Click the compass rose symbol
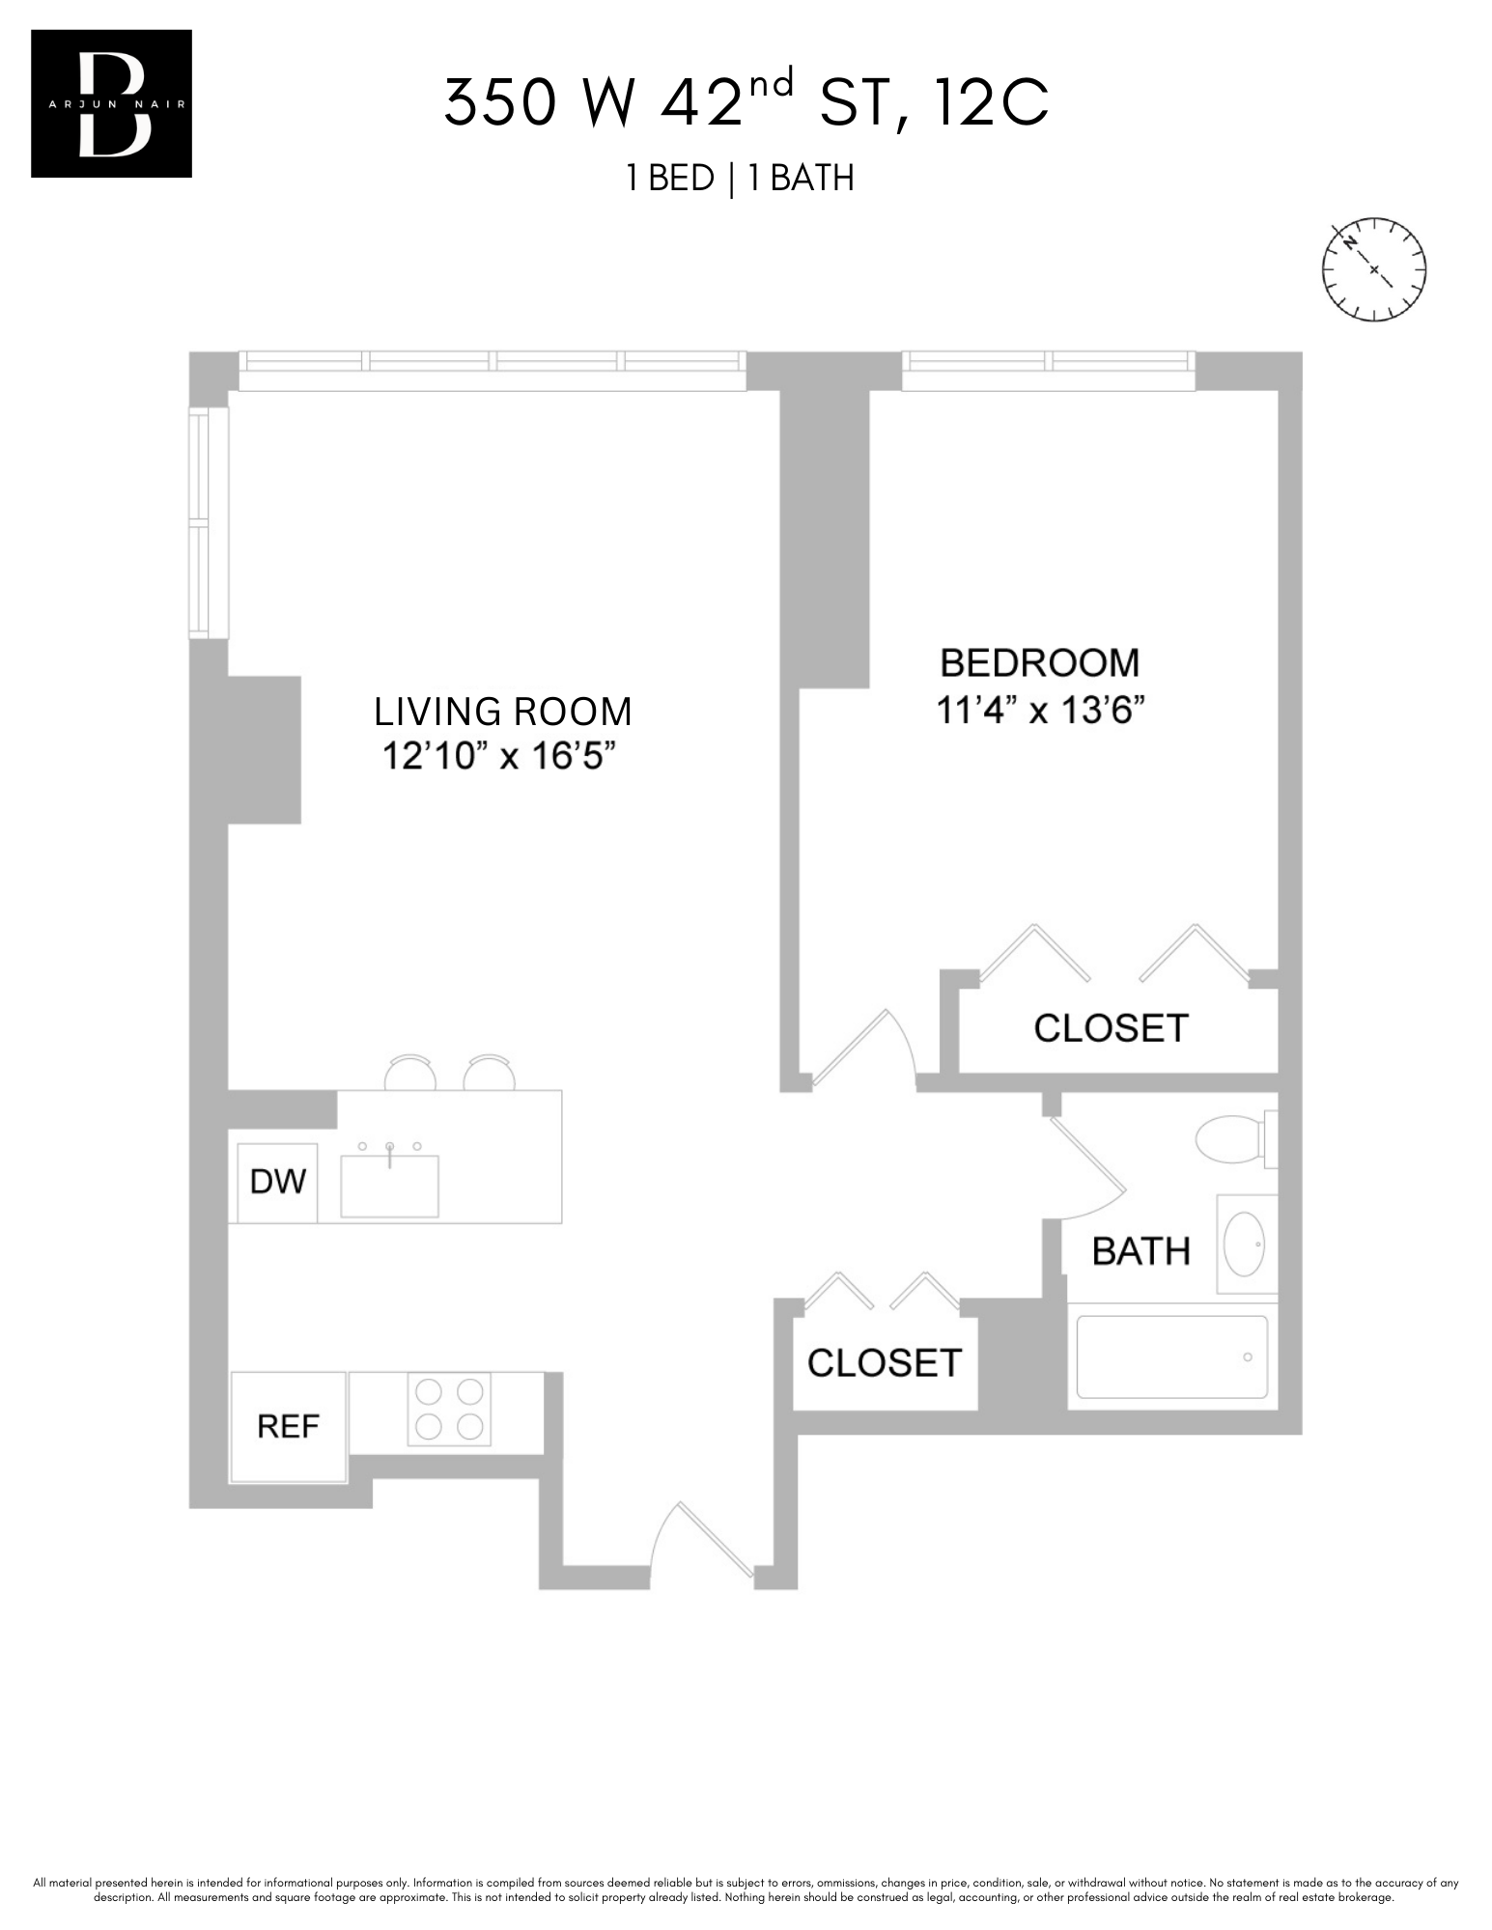1373,269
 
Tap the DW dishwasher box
277,1182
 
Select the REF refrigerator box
288,1427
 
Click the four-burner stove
448,1409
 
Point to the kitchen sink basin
389,1187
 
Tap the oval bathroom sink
1245,1245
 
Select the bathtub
1171,1357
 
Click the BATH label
1140,1251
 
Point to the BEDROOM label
1040,663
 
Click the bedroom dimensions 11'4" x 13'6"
1040,711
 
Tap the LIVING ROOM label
502,712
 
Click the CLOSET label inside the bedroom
1111,1028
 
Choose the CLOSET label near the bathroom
885,1363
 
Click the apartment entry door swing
702,1539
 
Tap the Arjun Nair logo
111,103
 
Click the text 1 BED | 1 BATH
740,179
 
